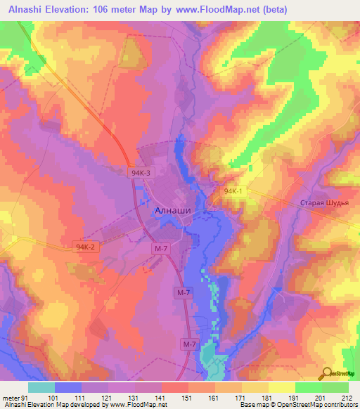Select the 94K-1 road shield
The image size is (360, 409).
233,190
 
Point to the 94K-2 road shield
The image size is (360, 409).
84,247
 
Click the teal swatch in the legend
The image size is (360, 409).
41,387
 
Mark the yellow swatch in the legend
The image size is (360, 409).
281,387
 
